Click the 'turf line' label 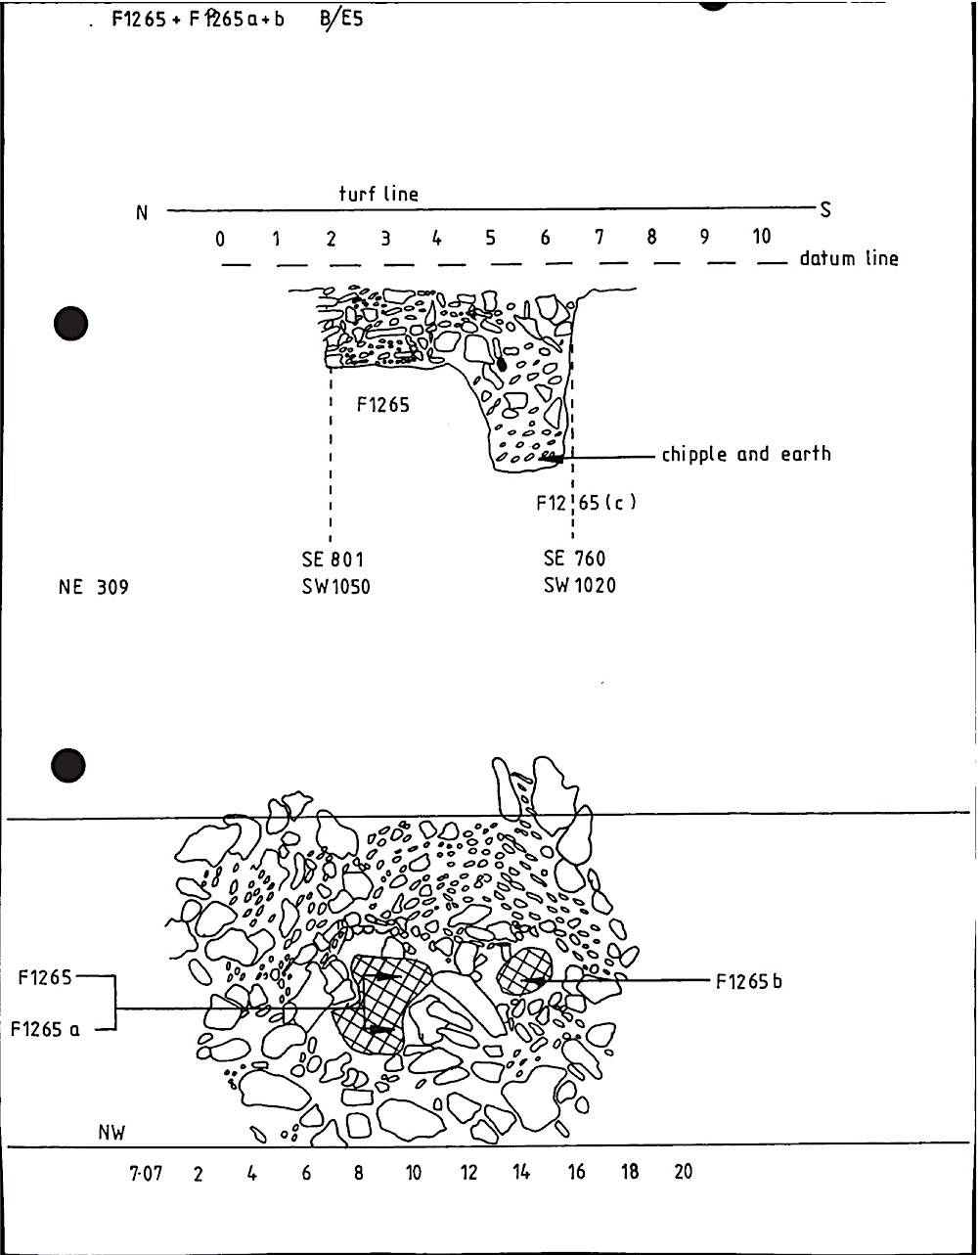pos(378,194)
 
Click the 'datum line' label pos(848,259)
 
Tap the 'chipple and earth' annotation pos(745,454)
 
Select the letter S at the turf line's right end pos(825,209)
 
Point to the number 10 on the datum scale pos(761,237)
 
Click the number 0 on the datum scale pos(221,239)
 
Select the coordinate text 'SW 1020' pos(580,586)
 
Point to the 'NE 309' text pos(94,588)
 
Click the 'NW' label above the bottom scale pos(112,1133)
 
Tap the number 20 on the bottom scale pos(682,1171)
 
